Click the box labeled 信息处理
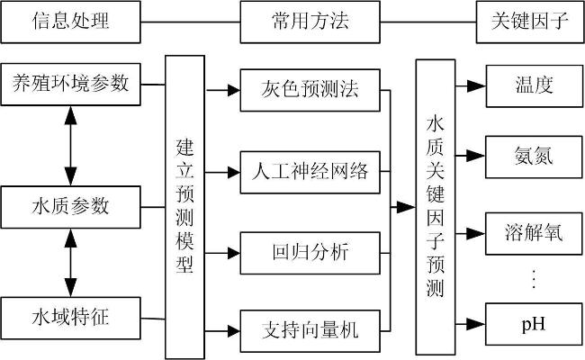[x=70, y=22]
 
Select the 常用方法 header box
[x=310, y=22]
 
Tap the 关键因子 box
[x=530, y=22]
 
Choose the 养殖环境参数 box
[x=70, y=85]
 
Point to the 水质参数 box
[x=70, y=207]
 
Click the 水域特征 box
[x=70, y=319]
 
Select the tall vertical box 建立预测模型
[x=185, y=207]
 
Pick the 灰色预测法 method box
[x=310, y=90]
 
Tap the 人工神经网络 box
[x=310, y=172]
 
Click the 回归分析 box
[x=310, y=253]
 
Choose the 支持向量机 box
[x=310, y=331]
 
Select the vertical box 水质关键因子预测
[x=436, y=207]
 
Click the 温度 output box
[x=535, y=86]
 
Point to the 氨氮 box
[x=534, y=157]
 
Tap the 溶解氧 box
[x=534, y=234]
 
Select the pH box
[x=534, y=324]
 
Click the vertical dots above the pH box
[x=534, y=279]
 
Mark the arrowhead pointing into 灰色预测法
[x=234, y=90]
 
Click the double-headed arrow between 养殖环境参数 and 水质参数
[x=70, y=146]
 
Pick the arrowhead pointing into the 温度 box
[x=476, y=86]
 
